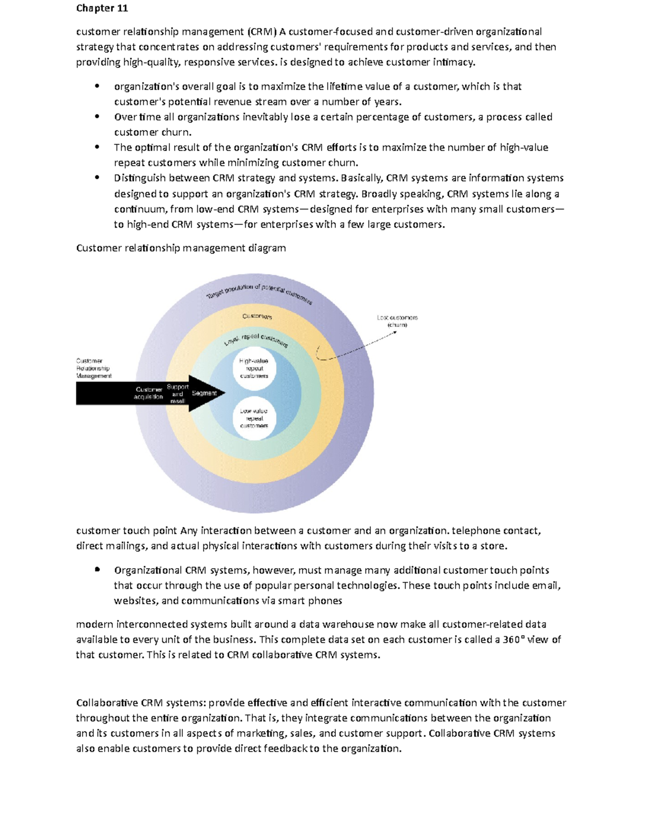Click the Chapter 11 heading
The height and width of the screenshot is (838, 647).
pyautogui.click(x=102, y=8)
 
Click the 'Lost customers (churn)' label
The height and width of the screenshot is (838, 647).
pyautogui.click(x=397, y=321)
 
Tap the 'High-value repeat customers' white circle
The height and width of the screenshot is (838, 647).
pyautogui.click(x=254, y=369)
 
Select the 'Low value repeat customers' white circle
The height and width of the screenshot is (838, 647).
pyautogui.click(x=254, y=418)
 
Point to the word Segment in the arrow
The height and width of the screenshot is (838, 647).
pyautogui.click(x=204, y=393)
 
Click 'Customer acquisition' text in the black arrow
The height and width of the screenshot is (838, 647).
pyautogui.click(x=148, y=393)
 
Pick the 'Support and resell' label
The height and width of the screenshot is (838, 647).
pyautogui.click(x=177, y=394)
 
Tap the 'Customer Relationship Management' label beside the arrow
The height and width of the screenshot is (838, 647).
pyautogui.click(x=94, y=368)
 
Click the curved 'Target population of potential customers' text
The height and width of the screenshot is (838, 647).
pyautogui.click(x=259, y=292)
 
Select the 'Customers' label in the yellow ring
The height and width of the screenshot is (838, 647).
pyautogui.click(x=257, y=316)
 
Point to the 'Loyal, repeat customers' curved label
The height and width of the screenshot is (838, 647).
pyautogui.click(x=256, y=339)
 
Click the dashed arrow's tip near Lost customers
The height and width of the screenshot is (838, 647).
pyautogui.click(x=396, y=332)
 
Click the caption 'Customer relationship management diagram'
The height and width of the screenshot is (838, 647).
pyautogui.click(x=181, y=248)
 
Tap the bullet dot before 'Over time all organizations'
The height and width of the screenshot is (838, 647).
pyautogui.click(x=97, y=117)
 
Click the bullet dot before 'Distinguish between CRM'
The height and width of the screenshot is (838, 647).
pyautogui.click(x=97, y=178)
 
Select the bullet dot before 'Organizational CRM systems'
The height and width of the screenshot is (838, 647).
pyautogui.click(x=97, y=569)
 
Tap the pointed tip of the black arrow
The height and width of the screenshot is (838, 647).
pyautogui.click(x=224, y=393)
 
